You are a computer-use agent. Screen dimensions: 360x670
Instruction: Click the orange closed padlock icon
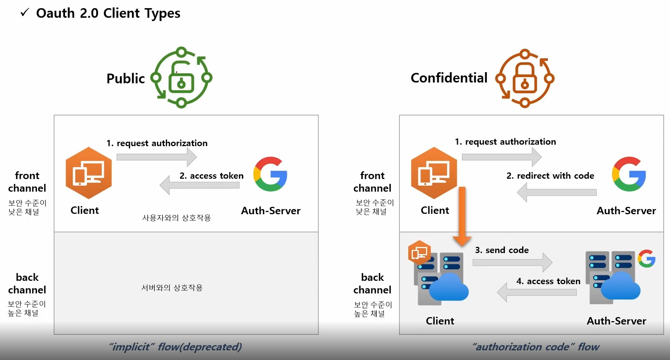click(x=525, y=78)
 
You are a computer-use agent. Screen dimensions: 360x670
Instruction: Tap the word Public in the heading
click(x=125, y=78)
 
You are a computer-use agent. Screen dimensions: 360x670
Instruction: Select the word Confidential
click(x=449, y=78)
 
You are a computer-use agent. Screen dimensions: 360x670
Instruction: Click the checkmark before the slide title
click(x=25, y=13)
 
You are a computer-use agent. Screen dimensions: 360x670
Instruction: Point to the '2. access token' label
click(x=211, y=176)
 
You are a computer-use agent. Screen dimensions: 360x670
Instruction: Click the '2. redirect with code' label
click(x=550, y=176)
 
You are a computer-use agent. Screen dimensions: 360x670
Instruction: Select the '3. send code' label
click(x=502, y=250)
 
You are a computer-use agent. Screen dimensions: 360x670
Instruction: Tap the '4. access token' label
click(x=548, y=281)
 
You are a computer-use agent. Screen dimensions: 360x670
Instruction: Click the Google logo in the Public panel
click(x=270, y=174)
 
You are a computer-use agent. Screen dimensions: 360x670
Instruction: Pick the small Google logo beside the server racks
click(x=646, y=258)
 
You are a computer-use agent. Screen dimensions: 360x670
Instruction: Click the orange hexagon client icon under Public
click(x=89, y=173)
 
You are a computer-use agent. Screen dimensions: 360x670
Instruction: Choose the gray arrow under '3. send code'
click(x=512, y=262)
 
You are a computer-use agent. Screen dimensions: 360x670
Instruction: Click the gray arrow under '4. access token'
click(x=537, y=292)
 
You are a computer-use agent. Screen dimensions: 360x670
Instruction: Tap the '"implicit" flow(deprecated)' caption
click(x=175, y=347)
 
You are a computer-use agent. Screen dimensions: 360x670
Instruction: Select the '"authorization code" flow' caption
click(x=536, y=347)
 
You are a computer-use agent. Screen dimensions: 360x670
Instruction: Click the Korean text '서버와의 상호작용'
click(x=172, y=287)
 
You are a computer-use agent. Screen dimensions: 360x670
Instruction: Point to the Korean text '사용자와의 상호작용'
click(x=177, y=218)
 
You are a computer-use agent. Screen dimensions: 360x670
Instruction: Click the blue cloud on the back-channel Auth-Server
click(x=620, y=286)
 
